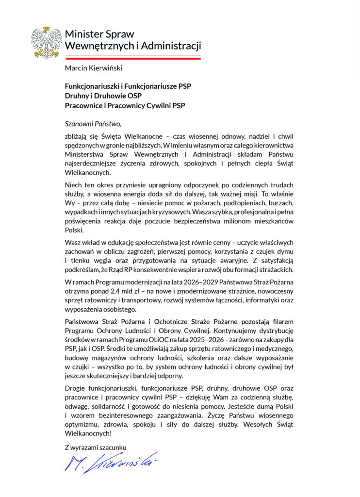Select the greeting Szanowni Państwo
[x=91, y=123]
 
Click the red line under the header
[x=132, y=58]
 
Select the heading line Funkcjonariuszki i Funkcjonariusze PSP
[x=128, y=86]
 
